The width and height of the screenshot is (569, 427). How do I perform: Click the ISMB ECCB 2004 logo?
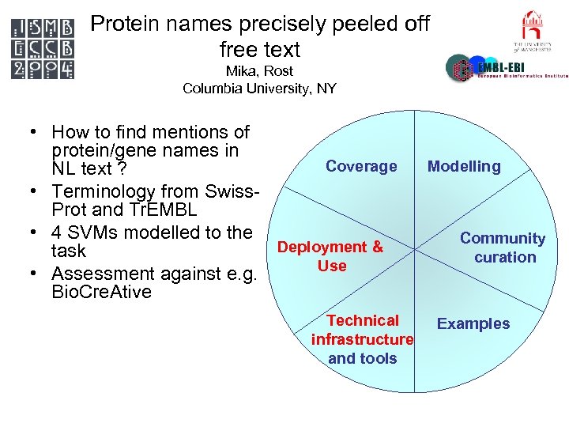coord(43,48)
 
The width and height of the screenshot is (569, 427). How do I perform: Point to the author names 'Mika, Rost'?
coord(259,71)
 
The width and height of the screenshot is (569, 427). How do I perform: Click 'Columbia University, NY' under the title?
coord(259,89)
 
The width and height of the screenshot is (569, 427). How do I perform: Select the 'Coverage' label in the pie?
coord(361,166)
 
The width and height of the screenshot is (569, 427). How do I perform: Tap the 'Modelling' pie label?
coord(464,166)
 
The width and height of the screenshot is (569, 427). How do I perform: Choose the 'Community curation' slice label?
coord(503,248)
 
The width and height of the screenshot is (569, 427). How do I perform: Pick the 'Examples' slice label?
coord(473,323)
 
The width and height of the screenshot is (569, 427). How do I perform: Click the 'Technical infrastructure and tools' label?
coord(362,339)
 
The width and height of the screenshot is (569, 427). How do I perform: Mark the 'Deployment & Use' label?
coord(330,256)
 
